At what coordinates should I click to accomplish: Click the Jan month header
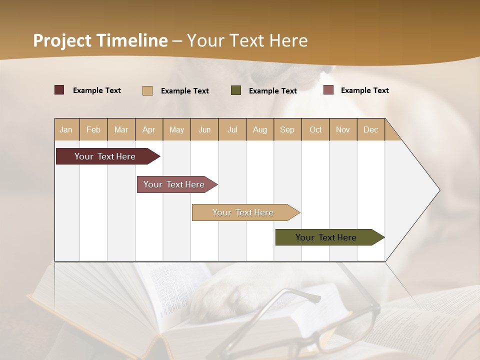tap(66, 129)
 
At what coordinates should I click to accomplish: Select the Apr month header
tap(149, 129)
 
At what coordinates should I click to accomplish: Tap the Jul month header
tap(232, 129)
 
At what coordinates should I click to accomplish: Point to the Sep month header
tap(287, 129)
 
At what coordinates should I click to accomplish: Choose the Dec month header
tap(371, 129)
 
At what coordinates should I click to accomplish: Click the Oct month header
tap(315, 129)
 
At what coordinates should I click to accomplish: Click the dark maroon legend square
tap(59, 90)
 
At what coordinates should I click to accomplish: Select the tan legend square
tap(147, 90)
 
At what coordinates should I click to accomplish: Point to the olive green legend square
tap(236, 90)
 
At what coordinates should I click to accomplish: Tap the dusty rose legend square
tap(328, 90)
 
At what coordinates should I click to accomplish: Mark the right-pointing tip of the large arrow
tap(438, 190)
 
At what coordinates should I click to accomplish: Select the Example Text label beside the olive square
tap(272, 90)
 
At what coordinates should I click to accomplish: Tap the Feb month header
tap(93, 129)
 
